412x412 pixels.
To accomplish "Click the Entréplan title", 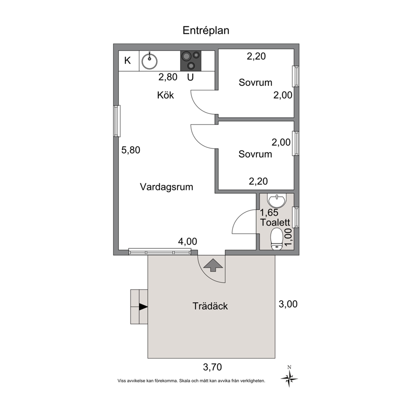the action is [206, 30].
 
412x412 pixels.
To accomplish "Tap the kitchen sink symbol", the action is [149, 61].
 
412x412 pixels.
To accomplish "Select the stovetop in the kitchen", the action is [191, 61].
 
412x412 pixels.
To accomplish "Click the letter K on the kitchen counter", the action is [128, 61].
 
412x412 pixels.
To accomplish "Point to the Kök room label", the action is [166, 95].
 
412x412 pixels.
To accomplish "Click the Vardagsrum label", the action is [167, 187].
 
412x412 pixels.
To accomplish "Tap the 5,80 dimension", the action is [130, 150].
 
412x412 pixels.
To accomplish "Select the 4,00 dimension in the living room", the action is [188, 241].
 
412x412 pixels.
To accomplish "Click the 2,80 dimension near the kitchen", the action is [168, 77].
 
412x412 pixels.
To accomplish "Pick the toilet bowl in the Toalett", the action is [277, 238].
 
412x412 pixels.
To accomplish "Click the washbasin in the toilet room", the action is [277, 201].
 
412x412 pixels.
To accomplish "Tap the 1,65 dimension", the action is [269, 212].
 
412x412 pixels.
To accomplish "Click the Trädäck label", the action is [210, 306].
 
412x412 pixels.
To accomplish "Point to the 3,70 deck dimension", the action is [213, 367].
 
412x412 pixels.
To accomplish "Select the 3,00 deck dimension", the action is [288, 304].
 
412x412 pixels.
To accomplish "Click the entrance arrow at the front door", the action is [213, 265].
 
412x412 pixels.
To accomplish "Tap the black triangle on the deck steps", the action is [143, 307].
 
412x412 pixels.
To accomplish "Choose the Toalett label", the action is [275, 222].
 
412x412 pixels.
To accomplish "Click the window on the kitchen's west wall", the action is [117, 121].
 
